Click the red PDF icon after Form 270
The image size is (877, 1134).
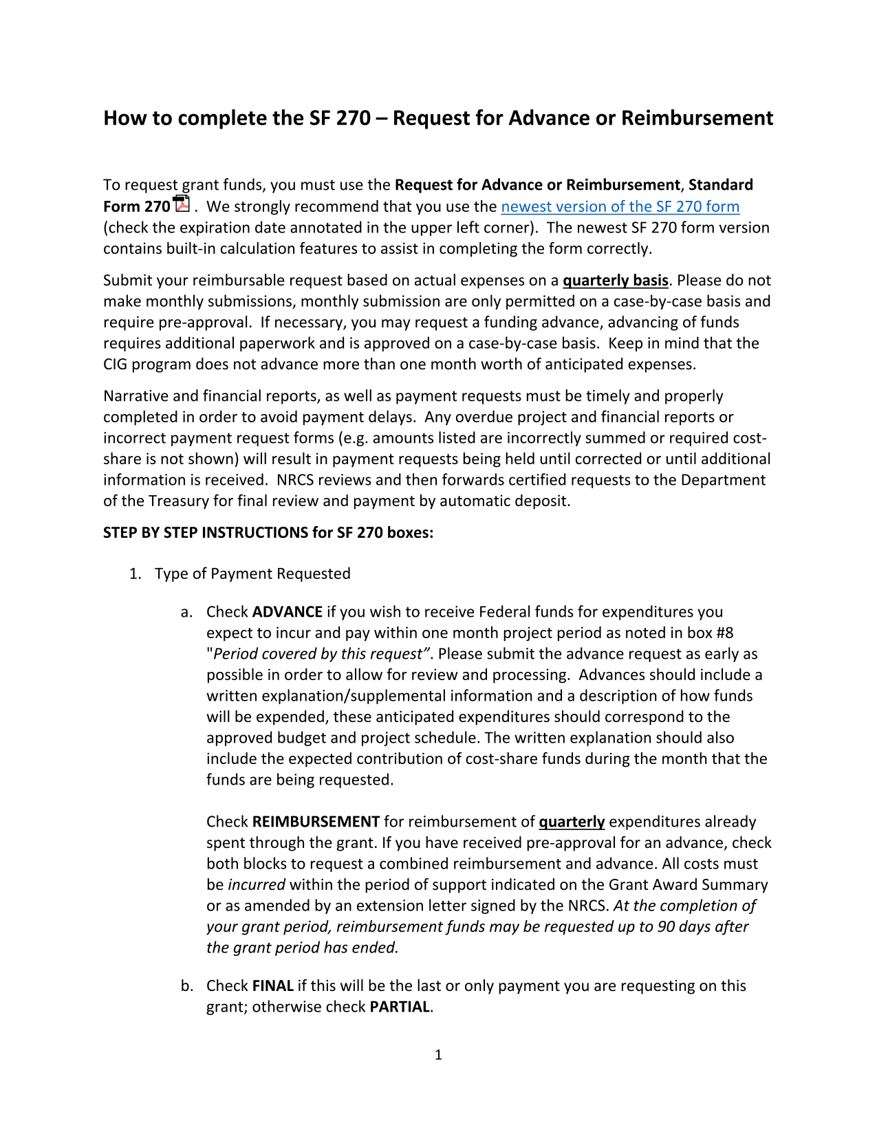pyautogui.click(x=182, y=204)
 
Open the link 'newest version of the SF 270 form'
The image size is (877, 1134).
pyautogui.click(x=620, y=207)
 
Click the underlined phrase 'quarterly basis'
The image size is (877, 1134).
pyautogui.click(x=615, y=281)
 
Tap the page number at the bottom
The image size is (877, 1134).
pyautogui.click(x=438, y=1055)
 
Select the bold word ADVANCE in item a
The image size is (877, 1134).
pyautogui.click(x=288, y=612)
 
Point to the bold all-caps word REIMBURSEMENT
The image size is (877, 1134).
pyautogui.click(x=316, y=822)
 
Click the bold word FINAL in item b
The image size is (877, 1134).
pyautogui.click(x=273, y=986)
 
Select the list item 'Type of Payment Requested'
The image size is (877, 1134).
pyautogui.click(x=252, y=574)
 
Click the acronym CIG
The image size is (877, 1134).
pyautogui.click(x=116, y=364)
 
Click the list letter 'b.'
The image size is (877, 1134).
pyautogui.click(x=187, y=986)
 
